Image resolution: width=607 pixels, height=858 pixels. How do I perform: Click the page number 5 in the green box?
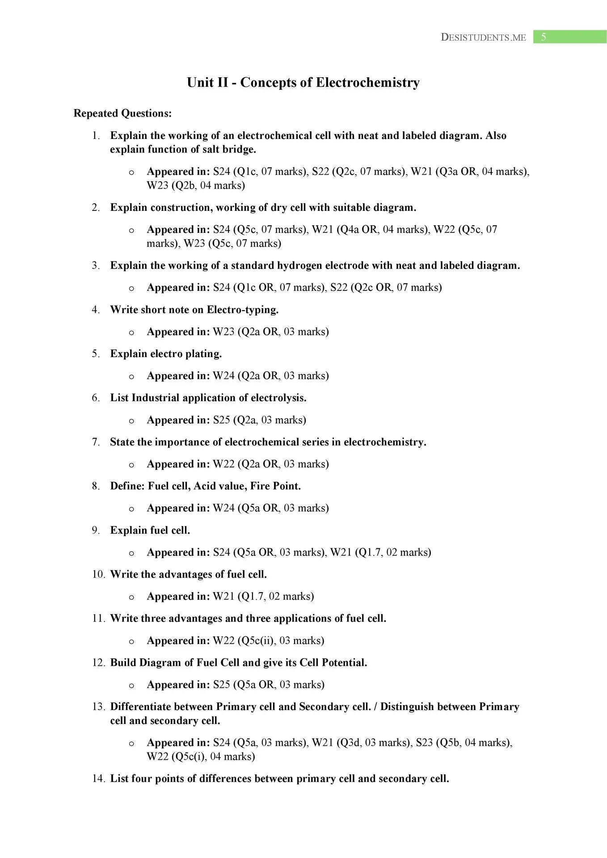click(x=543, y=37)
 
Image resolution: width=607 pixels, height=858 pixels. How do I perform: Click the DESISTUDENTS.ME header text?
click(x=483, y=38)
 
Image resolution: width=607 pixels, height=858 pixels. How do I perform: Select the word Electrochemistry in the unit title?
click(x=367, y=83)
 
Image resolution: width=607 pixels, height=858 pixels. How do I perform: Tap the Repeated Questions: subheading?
click(x=122, y=114)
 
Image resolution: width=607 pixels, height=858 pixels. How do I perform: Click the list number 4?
click(x=96, y=310)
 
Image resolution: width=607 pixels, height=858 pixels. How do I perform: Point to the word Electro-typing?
click(x=242, y=310)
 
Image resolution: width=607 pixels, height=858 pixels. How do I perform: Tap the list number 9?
click(x=96, y=530)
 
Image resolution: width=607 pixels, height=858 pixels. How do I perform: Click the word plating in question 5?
click(x=206, y=354)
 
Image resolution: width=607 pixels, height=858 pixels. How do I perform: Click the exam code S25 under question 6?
click(x=221, y=420)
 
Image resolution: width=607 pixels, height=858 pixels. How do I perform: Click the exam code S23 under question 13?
click(x=424, y=743)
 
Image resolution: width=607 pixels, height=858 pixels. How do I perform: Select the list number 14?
click(x=98, y=779)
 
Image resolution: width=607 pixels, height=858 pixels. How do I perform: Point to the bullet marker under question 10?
click(x=131, y=597)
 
